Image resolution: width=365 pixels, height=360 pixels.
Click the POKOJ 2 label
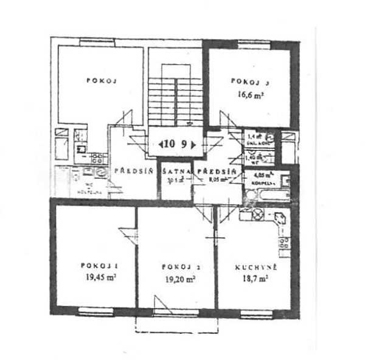click(178, 267)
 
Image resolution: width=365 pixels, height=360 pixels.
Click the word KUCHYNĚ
click(256, 267)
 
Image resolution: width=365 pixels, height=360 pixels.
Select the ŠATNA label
click(176, 172)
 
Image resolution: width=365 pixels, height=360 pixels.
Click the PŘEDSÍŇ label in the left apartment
click(133, 172)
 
